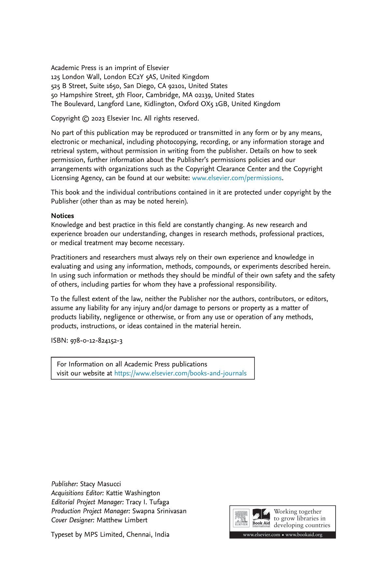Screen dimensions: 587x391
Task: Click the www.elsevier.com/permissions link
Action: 237,178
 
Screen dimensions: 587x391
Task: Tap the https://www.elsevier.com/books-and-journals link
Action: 180,373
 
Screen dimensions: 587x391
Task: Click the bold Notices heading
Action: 62,216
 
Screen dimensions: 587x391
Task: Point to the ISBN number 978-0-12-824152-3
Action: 96,341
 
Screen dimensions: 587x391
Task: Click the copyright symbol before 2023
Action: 85,119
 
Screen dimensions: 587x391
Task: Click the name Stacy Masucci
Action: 100,484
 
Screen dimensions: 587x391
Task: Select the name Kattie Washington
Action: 133,493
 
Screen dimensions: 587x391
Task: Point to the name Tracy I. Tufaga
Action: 147,502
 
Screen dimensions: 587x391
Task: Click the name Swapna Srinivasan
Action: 159,511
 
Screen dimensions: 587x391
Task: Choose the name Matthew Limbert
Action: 122,520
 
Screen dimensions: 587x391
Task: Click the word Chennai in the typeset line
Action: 138,534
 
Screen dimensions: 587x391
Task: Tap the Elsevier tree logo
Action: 241,518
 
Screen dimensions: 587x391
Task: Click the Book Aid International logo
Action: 261,518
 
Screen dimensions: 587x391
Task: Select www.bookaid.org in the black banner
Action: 304,535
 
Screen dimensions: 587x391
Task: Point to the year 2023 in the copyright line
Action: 98,119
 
